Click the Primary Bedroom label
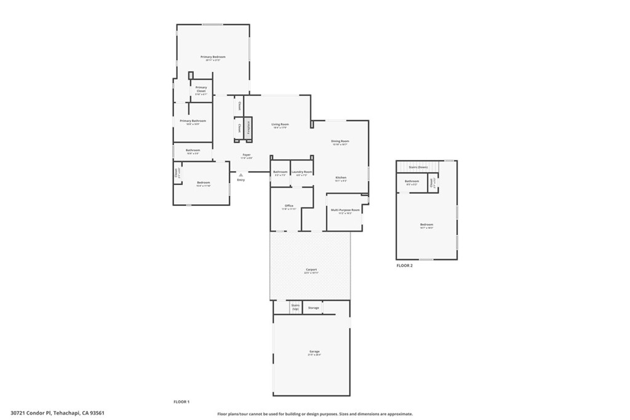coord(213,57)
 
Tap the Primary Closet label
coord(201,90)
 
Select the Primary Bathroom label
coord(193,121)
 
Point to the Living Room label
coord(280,125)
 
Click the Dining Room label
coord(340,141)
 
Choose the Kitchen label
coord(341,177)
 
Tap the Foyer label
coord(246,155)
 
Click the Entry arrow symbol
coord(241,175)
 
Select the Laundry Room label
coord(301,172)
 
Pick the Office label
coord(289,206)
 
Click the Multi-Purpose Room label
coord(345,210)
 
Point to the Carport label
coord(311,269)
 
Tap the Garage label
coord(314,352)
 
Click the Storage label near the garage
coord(314,307)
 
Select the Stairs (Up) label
coord(295,306)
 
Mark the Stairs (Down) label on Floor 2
coord(418,167)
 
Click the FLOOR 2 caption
coord(404,265)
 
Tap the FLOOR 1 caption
coord(181,402)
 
